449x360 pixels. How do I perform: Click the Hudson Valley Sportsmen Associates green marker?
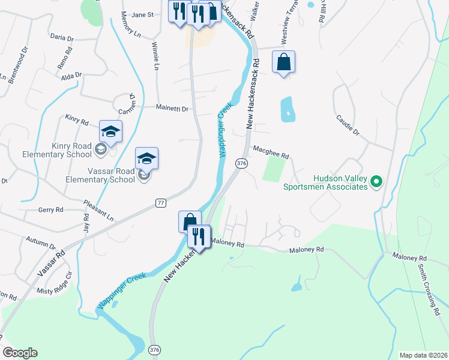[376, 181]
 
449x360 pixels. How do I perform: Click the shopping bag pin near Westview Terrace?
[284, 62]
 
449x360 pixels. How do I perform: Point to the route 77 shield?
[160, 203]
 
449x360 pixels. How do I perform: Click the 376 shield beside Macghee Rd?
[241, 163]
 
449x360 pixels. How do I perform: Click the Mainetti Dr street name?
[172, 109]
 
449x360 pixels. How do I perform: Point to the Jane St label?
[143, 14]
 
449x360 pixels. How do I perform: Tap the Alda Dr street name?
[71, 76]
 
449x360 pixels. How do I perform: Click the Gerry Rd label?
[50, 209]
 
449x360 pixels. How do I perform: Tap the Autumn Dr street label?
[41, 242]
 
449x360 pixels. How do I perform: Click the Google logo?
[20, 353]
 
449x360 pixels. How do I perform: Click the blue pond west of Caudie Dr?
[287, 109]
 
